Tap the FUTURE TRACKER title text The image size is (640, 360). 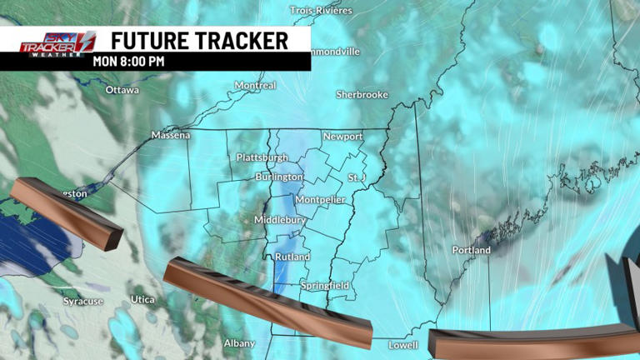[x=199, y=40]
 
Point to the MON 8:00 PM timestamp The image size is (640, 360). [x=128, y=61]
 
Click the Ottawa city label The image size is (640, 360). [x=122, y=89]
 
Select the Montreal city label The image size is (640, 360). [x=255, y=86]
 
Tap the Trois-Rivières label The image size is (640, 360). [x=321, y=11]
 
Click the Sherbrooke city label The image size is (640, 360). [x=362, y=95]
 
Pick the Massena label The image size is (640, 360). [x=171, y=135]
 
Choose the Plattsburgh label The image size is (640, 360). [x=262, y=157]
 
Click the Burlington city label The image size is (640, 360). [x=279, y=177]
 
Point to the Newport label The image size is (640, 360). [x=342, y=137]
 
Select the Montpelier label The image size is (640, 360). [x=320, y=200]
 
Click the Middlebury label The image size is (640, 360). [x=277, y=219]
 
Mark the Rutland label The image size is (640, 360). [x=292, y=257]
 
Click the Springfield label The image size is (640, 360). [x=326, y=286]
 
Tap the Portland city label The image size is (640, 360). [x=471, y=250]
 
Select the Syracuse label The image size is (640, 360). [x=83, y=301]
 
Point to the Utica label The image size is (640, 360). [x=142, y=299]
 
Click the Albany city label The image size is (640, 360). [x=238, y=343]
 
